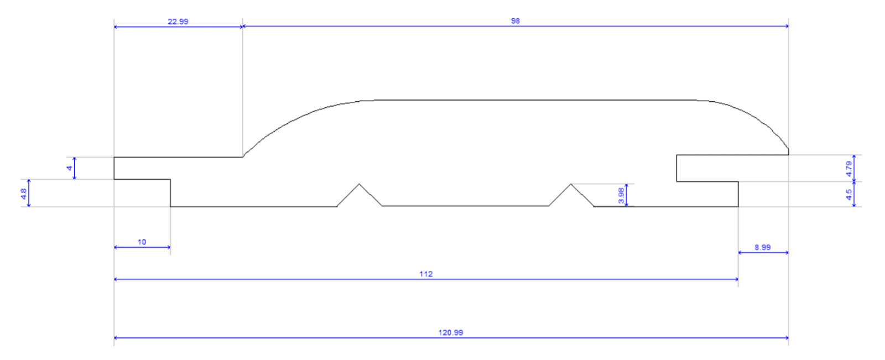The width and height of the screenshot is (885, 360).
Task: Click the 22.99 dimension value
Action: coord(178,22)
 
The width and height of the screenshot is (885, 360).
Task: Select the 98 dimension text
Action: coord(515,21)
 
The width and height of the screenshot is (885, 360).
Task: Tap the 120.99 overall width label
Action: coord(450,332)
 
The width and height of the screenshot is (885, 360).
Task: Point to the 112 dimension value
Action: coord(425,274)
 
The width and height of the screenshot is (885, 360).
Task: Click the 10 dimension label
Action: coord(142,242)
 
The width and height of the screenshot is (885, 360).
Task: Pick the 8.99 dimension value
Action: coord(762,247)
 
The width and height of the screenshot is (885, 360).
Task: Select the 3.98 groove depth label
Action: coord(621,195)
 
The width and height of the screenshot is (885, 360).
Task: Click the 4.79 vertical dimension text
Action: coord(848,169)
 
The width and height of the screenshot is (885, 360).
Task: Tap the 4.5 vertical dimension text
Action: coord(848,194)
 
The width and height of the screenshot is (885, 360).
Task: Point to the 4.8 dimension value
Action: coord(24,194)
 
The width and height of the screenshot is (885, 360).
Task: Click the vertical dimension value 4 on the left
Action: coord(69,168)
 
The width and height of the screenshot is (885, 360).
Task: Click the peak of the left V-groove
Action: coord(360,184)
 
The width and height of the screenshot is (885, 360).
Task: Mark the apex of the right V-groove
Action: coord(571,184)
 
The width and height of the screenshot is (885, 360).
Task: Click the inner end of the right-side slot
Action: coord(677,168)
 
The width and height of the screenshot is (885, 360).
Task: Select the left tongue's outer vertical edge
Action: coord(114,168)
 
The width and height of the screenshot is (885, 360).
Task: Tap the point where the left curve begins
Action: coord(243,156)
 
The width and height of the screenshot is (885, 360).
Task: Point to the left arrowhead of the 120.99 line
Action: coord(116,337)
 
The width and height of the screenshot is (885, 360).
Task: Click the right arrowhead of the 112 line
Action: coord(737,279)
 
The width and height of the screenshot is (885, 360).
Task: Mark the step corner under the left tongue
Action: coord(170,179)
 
